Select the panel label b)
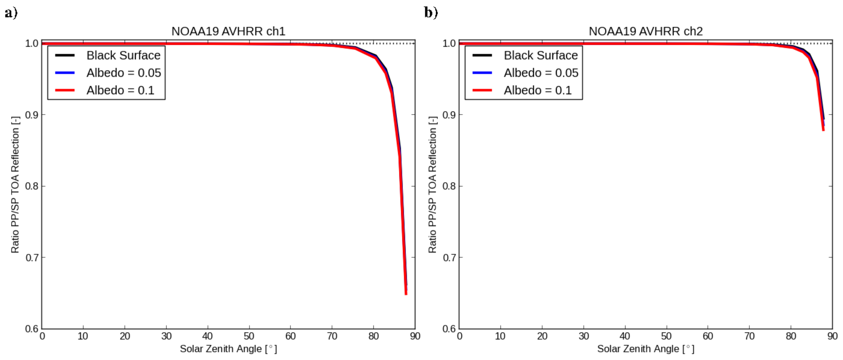(431, 13)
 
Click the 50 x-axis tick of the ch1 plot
(249, 336)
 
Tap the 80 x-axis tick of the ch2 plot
(791, 336)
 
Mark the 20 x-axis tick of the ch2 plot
(542, 336)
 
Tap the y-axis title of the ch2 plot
(433, 185)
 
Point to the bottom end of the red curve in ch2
(823, 130)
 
